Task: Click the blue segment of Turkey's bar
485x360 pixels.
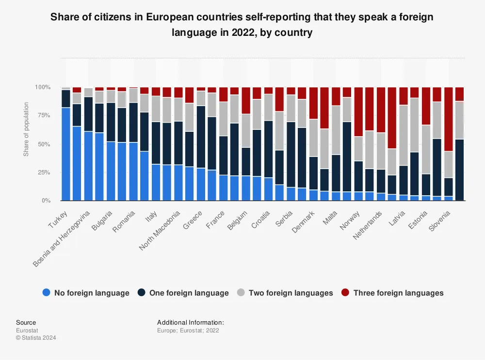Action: (x=66, y=154)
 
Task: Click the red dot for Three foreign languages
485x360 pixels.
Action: (x=345, y=293)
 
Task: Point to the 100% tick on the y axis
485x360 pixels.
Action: (x=43, y=87)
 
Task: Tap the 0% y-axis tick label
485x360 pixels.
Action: (x=46, y=201)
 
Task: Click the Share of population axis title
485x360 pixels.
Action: (x=26, y=129)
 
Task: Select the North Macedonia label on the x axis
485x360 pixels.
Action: (x=160, y=230)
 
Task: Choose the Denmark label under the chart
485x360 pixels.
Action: (x=303, y=221)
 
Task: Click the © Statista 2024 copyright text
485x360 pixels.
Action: (x=36, y=338)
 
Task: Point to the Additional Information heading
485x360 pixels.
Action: (x=190, y=322)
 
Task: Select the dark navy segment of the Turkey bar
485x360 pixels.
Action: (x=66, y=98)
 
